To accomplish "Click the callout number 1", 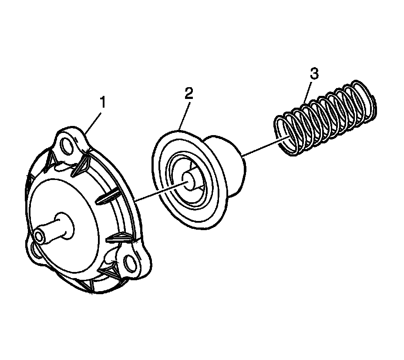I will pyautogui.click(x=102, y=102).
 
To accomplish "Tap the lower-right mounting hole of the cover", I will pyautogui.click(x=130, y=263).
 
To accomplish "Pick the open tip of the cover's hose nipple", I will pyautogui.click(x=40, y=236).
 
